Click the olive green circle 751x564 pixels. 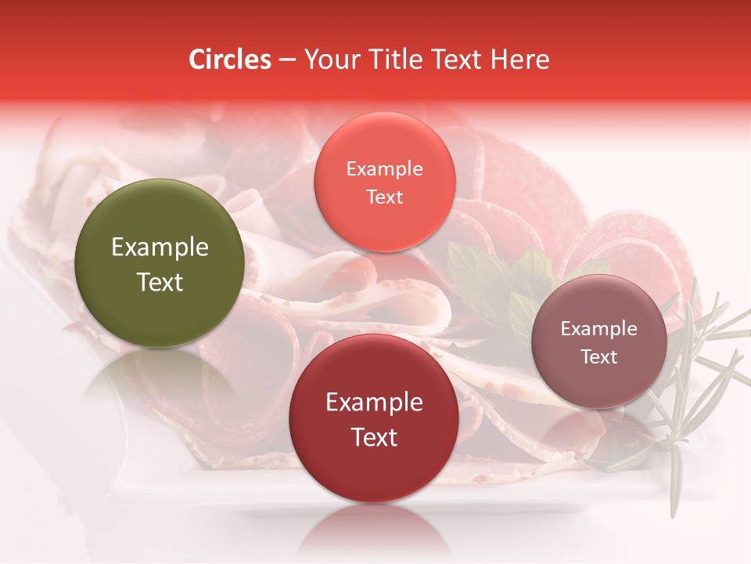159,263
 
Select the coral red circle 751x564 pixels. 384,183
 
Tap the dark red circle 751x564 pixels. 374,419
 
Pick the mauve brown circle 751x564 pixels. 598,342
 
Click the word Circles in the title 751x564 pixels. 230,60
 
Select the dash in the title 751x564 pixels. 287,60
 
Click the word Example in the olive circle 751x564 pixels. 160,248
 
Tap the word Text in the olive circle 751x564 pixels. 160,282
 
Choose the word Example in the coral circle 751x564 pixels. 384,169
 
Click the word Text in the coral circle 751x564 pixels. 384,197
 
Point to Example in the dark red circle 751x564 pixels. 374,403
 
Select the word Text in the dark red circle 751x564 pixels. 374,437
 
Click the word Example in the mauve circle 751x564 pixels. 598,329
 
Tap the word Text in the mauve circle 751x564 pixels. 598,356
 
